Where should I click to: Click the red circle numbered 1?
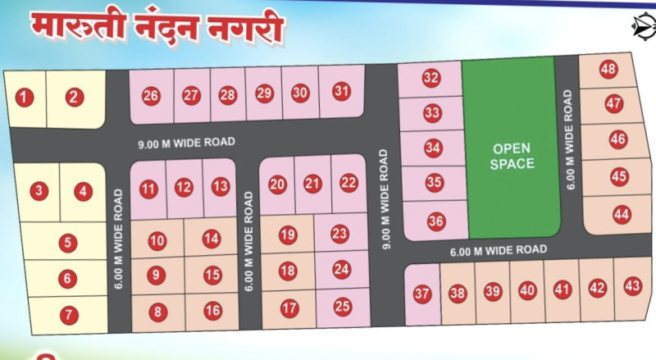pyautogui.click(x=25, y=98)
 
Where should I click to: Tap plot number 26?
pyautogui.click(x=151, y=96)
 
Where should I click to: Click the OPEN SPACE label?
pyautogui.click(x=512, y=156)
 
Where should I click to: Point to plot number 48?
pyautogui.click(x=608, y=69)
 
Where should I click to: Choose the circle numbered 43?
pyautogui.click(x=632, y=286)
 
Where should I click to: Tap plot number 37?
pyautogui.click(x=422, y=294)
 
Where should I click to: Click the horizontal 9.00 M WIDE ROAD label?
pyautogui.click(x=186, y=142)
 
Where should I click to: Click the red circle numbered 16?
pyautogui.click(x=213, y=310)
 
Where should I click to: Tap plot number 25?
pyautogui.click(x=343, y=306)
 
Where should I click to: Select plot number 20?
pyautogui.click(x=278, y=185)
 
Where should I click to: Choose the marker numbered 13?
pyautogui.click(x=220, y=186)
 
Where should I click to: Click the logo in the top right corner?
pyautogui.click(x=644, y=25)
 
